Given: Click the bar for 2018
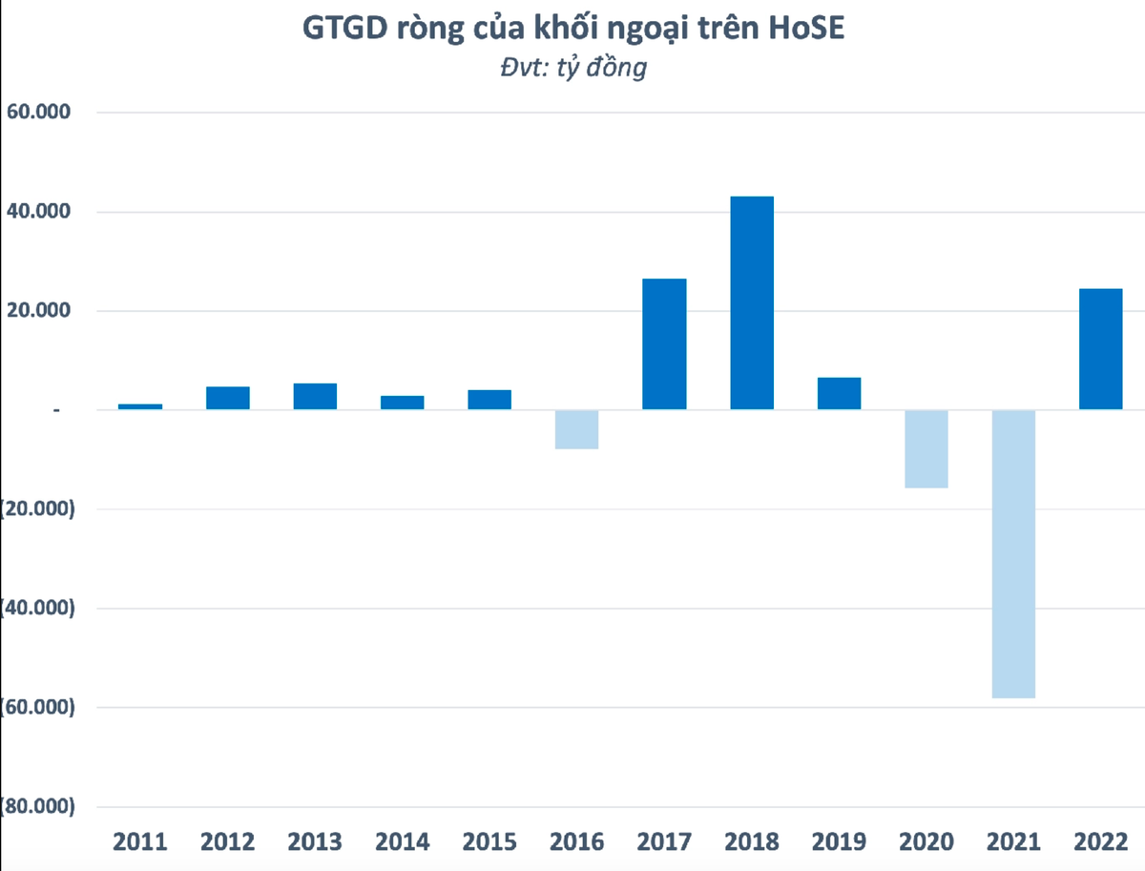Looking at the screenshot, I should point(752,302).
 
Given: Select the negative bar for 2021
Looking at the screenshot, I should point(1013,553).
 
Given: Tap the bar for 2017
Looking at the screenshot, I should point(664,343).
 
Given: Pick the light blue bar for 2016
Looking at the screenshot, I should point(576,429).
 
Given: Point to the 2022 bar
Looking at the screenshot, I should point(1100,348).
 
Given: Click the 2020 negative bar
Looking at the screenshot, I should point(926,448).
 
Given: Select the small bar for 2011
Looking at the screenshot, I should point(140,406).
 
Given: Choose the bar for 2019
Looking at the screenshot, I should point(839,393).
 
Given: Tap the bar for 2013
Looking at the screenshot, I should point(315,396).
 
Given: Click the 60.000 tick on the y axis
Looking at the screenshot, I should point(39,113).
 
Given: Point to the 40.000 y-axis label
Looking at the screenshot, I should point(39,212).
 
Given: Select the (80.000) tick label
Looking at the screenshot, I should point(37,807).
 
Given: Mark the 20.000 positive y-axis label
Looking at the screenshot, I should point(39,311).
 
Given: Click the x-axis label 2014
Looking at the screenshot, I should point(402,841).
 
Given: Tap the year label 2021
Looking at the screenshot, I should point(1013,841).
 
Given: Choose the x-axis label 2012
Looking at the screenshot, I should point(228,841).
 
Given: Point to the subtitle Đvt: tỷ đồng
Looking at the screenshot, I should point(572,68).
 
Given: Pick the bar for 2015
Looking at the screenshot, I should point(489,399).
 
